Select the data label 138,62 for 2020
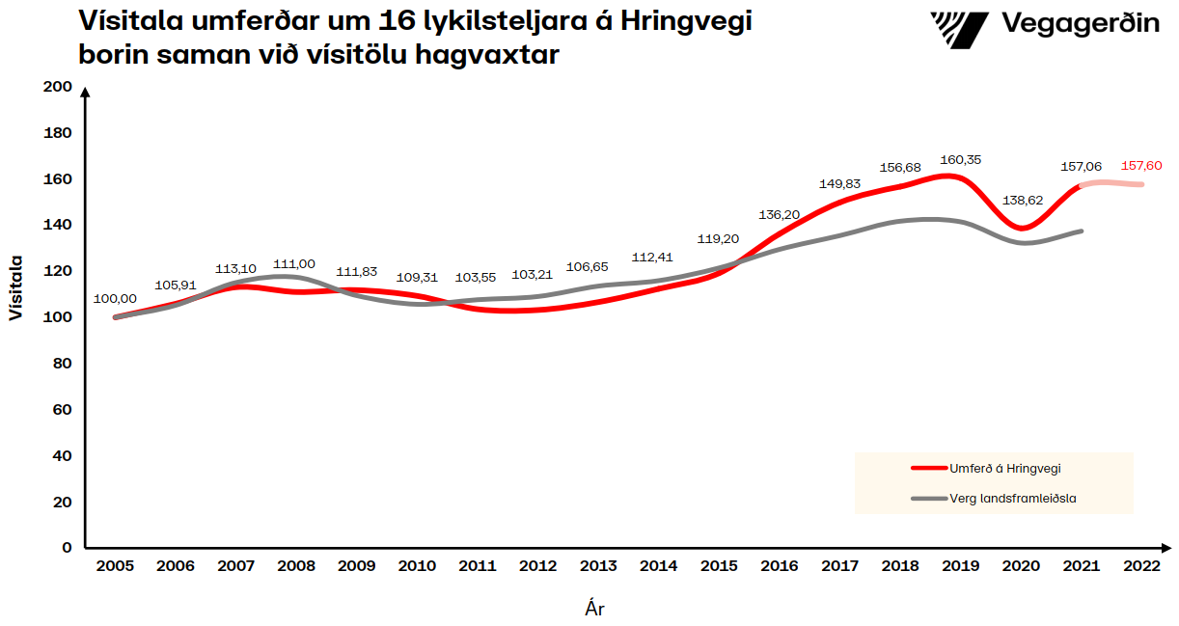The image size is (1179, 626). (x=1021, y=201)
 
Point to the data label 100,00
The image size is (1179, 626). (x=115, y=299)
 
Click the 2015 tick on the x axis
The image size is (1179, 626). (x=719, y=566)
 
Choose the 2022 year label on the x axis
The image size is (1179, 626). (x=1141, y=566)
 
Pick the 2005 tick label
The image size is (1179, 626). (x=116, y=566)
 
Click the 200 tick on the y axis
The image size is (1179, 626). (x=58, y=87)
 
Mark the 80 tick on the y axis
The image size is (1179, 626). (x=62, y=364)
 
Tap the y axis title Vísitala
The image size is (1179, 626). (x=16, y=288)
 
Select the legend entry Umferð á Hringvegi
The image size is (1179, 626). (x=1005, y=468)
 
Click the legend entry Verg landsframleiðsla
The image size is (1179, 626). (x=1012, y=499)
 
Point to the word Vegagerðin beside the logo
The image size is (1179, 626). (x=1081, y=23)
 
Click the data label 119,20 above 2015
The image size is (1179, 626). (x=718, y=238)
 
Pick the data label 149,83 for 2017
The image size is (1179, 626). (x=839, y=183)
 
